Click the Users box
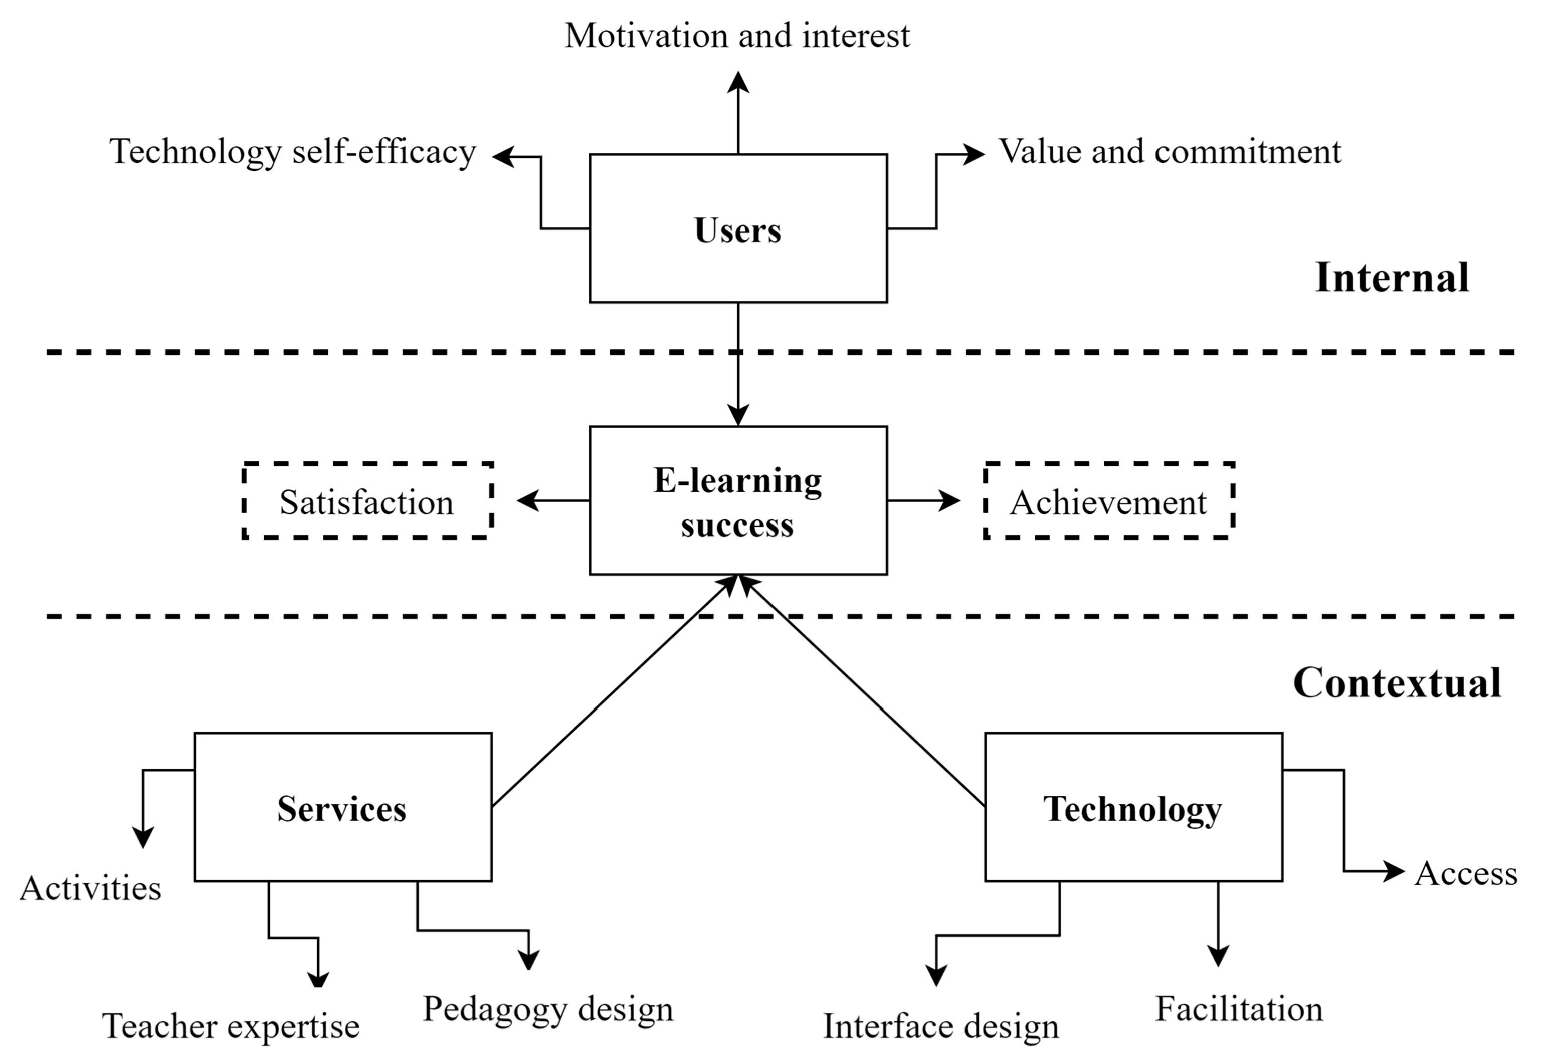click(738, 229)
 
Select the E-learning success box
click(738, 500)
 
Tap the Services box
click(342, 807)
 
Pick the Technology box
click(1133, 807)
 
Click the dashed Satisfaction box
click(367, 500)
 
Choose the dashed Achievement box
click(1108, 500)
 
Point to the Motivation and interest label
click(737, 35)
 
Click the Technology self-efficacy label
click(292, 152)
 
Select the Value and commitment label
click(1170, 152)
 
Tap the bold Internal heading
click(1392, 278)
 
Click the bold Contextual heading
click(1397, 683)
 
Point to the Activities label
click(91, 889)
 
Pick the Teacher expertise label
click(231, 1026)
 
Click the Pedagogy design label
click(548, 1010)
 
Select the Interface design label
click(941, 1026)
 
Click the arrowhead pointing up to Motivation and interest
click(738, 82)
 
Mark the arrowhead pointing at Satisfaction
click(528, 500)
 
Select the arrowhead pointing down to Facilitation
click(1218, 955)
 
